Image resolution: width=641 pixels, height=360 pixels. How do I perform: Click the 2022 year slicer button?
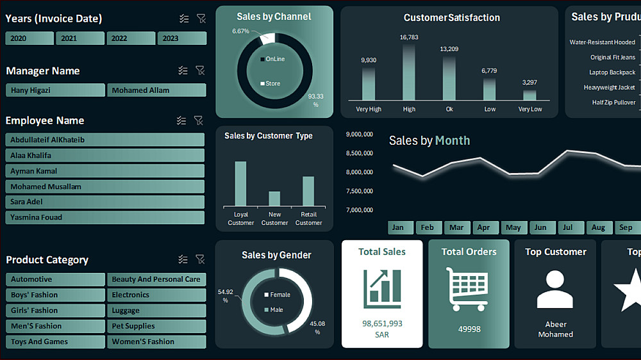[131, 38]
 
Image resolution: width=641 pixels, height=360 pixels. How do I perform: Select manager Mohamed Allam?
[156, 90]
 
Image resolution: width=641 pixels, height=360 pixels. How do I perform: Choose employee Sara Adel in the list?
[105, 202]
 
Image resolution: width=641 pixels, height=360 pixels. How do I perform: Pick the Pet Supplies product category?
[156, 326]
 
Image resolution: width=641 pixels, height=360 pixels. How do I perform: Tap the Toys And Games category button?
[55, 341]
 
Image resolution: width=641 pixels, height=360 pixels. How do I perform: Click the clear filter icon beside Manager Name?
[200, 70]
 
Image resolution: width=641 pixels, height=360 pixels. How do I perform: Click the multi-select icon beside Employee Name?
[181, 120]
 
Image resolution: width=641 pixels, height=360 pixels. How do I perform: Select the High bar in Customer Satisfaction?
[409, 72]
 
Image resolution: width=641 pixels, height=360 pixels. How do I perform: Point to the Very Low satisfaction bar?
[530, 95]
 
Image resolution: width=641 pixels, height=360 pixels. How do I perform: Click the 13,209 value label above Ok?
[449, 49]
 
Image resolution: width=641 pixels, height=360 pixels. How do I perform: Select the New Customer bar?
[274, 199]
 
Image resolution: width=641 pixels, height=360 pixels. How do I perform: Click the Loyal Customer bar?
[241, 184]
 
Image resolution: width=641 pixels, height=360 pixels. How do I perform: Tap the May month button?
[513, 227]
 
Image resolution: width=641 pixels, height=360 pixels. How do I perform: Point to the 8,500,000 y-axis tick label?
[360, 153]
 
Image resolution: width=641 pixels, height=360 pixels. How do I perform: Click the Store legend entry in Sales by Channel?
[271, 83]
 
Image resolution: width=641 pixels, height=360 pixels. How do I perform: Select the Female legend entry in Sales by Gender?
[277, 295]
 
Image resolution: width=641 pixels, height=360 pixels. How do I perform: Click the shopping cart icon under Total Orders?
[467, 289]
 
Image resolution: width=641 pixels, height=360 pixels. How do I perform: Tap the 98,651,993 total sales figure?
[382, 323]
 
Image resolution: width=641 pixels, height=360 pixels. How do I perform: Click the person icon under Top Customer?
[554, 289]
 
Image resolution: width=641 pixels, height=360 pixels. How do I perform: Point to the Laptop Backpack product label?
[612, 72]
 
